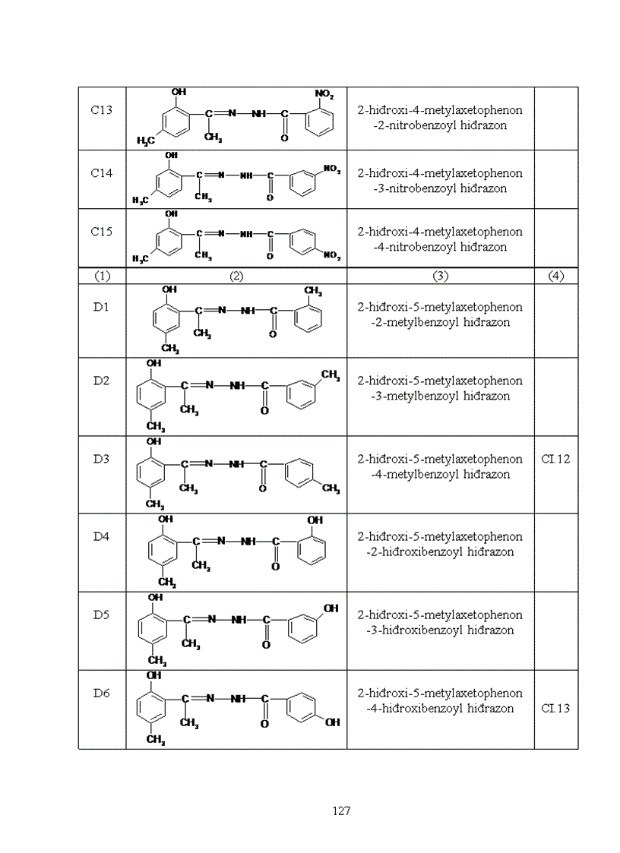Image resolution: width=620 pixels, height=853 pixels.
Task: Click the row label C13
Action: pos(102,109)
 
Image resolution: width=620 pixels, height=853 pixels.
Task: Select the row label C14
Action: pos(102,173)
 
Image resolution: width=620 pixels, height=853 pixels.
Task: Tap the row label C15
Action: pos(102,232)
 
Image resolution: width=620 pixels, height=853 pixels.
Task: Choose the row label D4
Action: pos(102,536)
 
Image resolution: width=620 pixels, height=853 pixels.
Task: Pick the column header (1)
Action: pos(102,276)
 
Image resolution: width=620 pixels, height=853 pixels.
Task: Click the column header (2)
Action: pos(236,276)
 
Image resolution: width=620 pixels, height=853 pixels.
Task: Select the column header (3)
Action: pos(440,276)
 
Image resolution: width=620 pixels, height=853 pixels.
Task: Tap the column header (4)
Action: pos(555,276)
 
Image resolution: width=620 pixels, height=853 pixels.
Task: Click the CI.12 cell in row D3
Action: pos(555,459)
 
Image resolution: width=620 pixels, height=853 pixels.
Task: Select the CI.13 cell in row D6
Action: pos(555,708)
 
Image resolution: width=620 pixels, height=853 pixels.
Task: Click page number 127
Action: pos(341,811)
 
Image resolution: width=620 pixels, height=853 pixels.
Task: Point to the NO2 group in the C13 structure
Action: pos(324,94)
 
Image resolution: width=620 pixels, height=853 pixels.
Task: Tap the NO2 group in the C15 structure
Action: pos(332,255)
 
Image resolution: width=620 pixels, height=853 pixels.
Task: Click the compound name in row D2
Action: pos(440,388)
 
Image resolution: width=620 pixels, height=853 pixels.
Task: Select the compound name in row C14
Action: pos(440,181)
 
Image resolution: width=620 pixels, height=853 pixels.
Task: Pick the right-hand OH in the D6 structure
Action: pos(332,722)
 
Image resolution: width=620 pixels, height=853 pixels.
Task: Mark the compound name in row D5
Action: pos(440,622)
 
